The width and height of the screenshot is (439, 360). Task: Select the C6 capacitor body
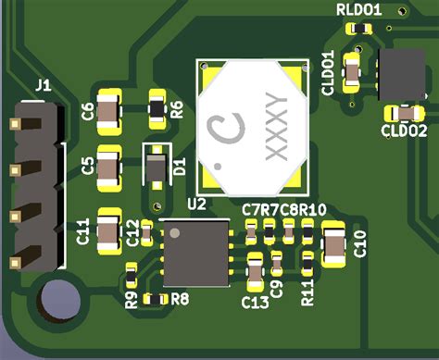click(x=110, y=112)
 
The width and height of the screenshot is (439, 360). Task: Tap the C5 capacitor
click(x=110, y=167)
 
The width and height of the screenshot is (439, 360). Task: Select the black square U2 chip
click(x=195, y=253)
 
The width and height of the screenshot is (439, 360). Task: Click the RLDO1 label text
click(x=358, y=10)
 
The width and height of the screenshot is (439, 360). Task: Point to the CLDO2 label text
click(x=404, y=130)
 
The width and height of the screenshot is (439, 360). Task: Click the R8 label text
click(x=180, y=298)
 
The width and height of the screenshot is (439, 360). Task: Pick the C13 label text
click(x=255, y=302)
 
